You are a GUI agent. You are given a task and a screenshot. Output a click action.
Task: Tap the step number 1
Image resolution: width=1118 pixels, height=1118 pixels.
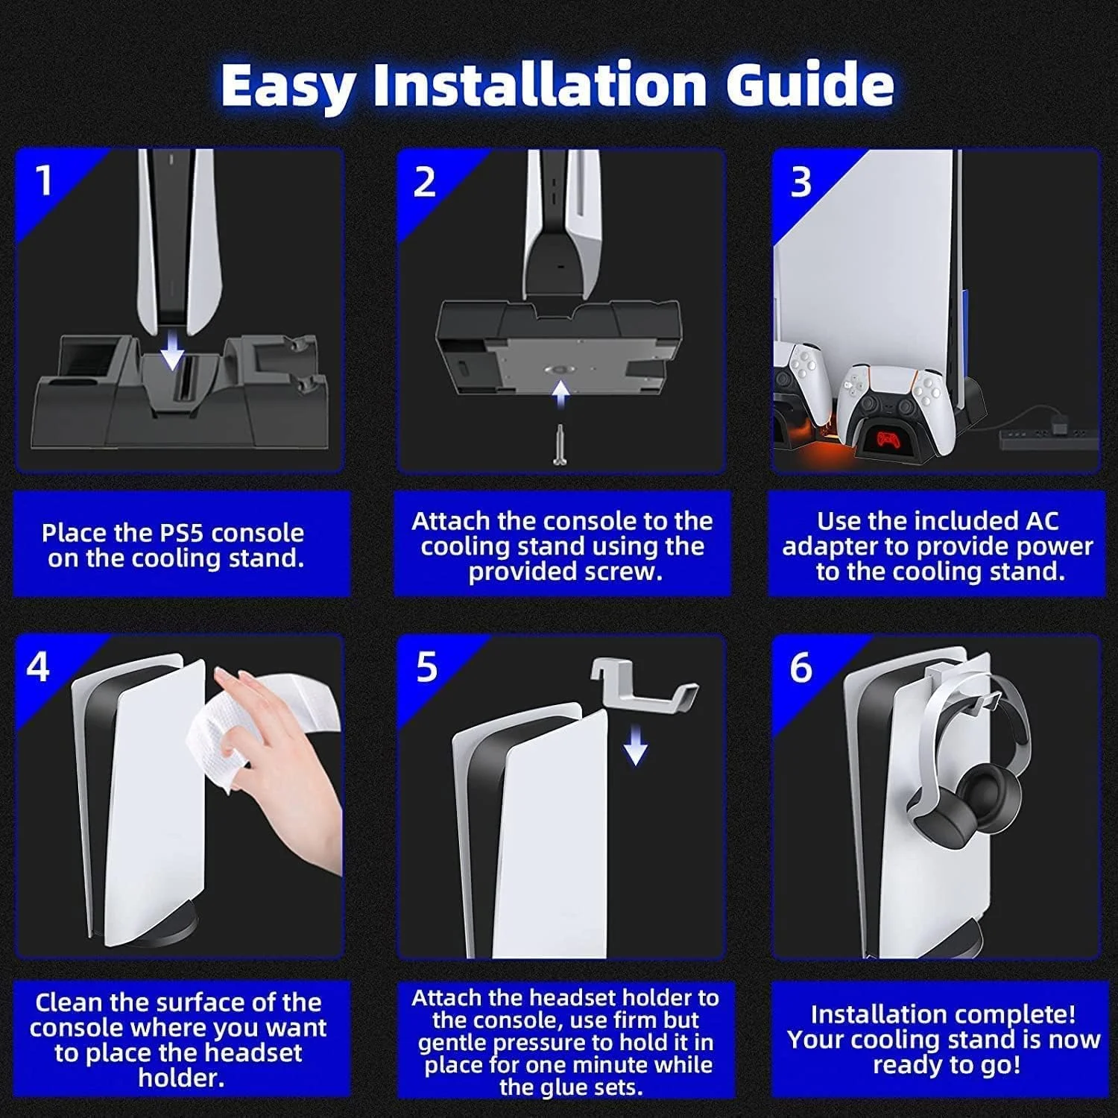pos(45,181)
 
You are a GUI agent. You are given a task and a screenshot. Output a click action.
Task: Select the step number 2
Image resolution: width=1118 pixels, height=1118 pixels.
pos(424,182)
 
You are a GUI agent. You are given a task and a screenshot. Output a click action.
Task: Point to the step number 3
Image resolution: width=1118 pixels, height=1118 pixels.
pos(800,182)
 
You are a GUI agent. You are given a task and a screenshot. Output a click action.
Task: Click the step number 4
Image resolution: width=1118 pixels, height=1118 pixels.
pos(38,666)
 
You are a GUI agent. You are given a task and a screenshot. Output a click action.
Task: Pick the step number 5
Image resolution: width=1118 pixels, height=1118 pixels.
pos(426,667)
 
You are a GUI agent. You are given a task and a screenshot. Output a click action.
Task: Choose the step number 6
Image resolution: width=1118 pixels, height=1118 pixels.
pos(801,668)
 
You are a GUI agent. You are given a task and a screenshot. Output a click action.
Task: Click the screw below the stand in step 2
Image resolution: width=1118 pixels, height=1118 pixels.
pos(560,444)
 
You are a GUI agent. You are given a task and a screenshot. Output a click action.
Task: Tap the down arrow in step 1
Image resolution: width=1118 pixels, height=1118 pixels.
pos(172,350)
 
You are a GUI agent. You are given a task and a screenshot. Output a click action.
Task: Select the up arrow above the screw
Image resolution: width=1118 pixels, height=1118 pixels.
pos(560,394)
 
